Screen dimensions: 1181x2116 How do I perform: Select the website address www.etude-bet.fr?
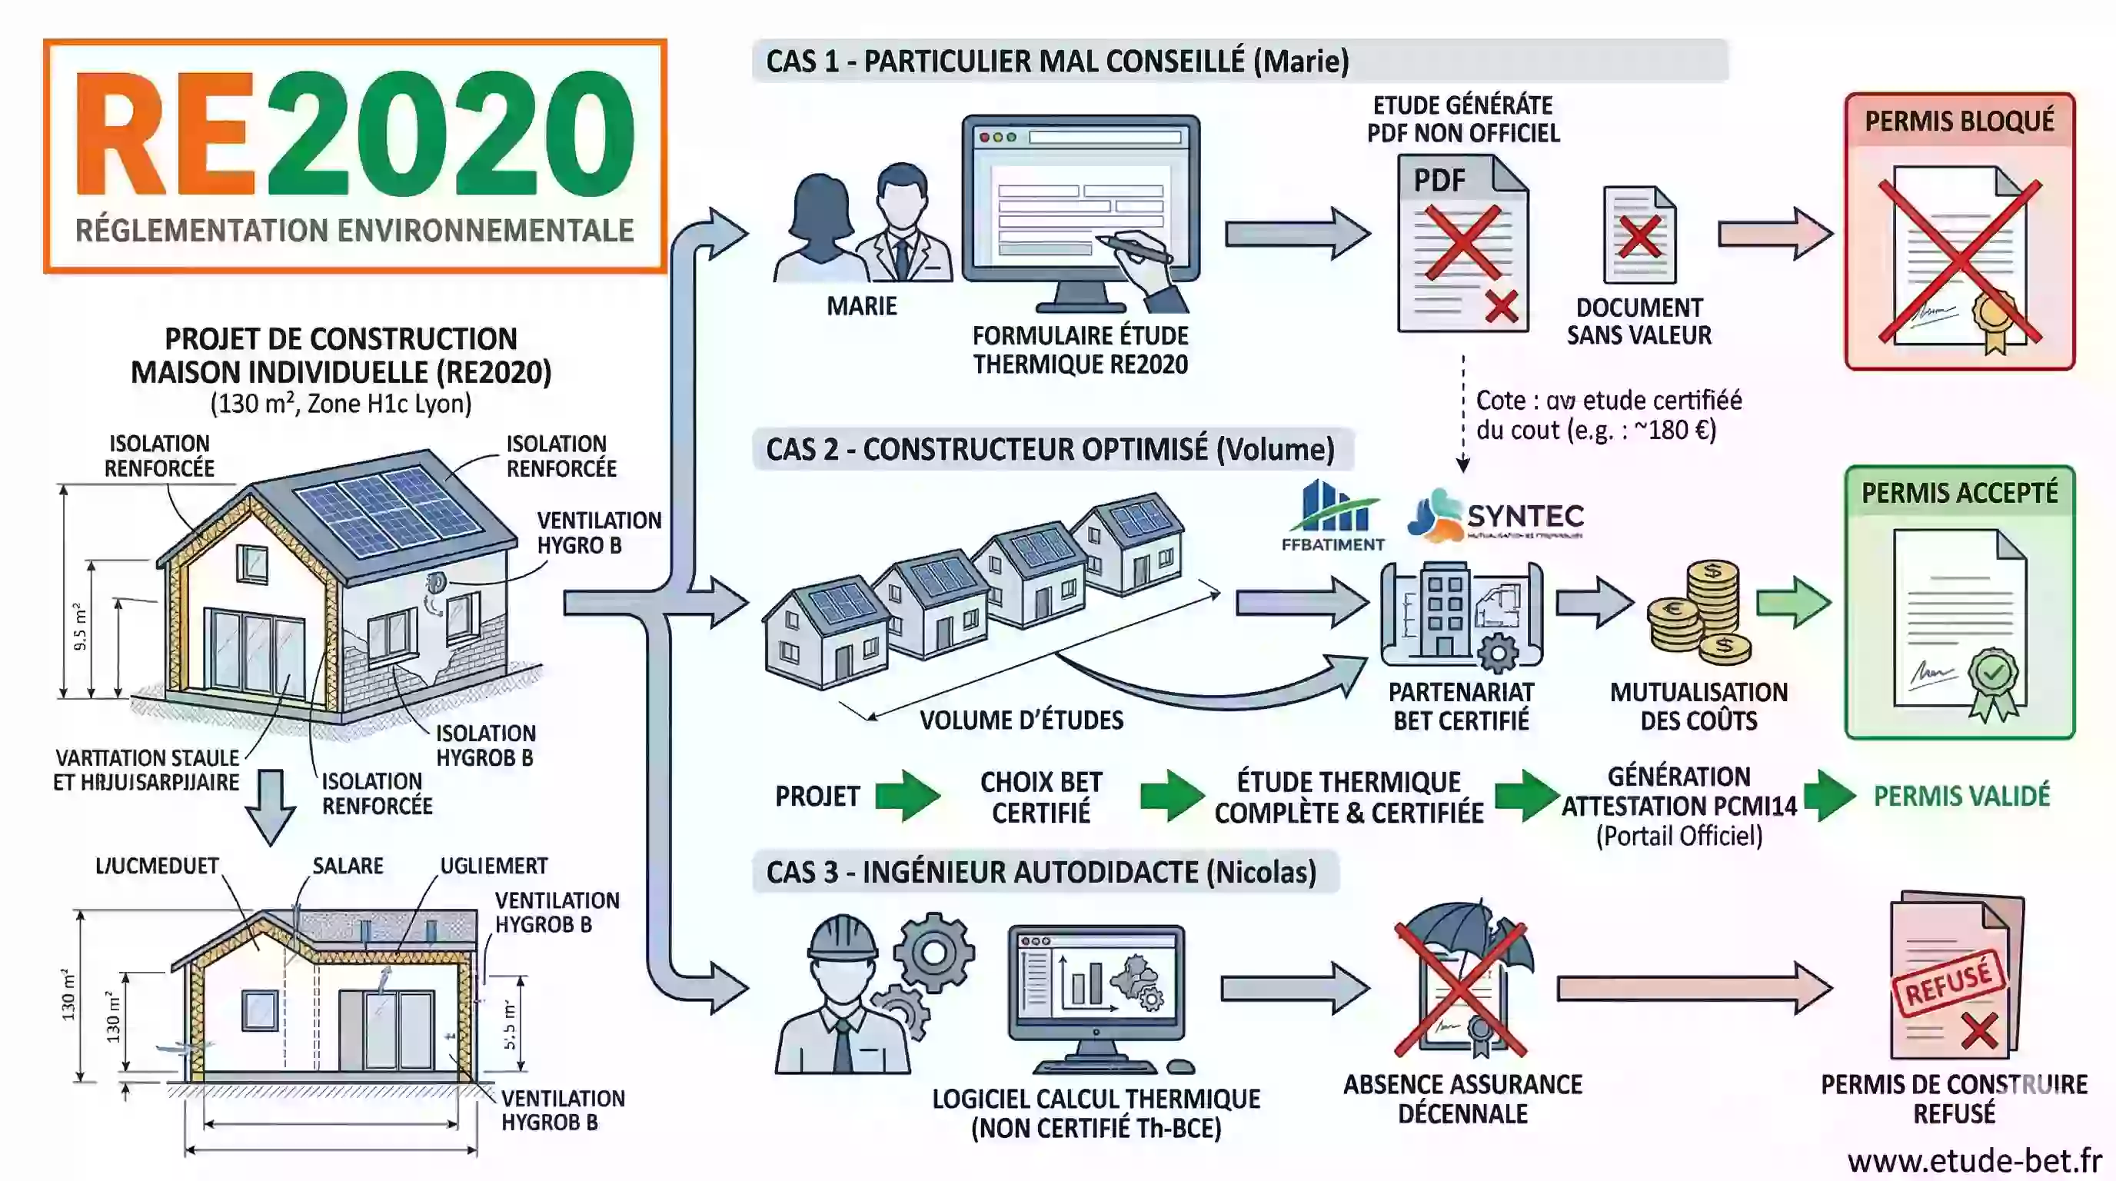click(x=1974, y=1160)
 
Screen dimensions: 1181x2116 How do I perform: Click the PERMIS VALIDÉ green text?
click(x=1961, y=795)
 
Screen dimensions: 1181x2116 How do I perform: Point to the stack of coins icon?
click(x=1698, y=612)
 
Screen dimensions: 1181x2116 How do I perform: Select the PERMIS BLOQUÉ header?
click(x=1959, y=121)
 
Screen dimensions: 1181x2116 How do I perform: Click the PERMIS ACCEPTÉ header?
click(x=1959, y=493)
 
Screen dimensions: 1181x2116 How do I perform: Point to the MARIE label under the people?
click(x=861, y=305)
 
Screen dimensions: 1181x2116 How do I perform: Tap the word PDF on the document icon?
click(x=1439, y=180)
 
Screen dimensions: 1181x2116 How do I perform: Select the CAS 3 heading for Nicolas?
click(x=1041, y=871)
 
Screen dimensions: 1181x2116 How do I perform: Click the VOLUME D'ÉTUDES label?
click(x=1021, y=720)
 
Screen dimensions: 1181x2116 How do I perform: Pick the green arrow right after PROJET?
click(x=907, y=795)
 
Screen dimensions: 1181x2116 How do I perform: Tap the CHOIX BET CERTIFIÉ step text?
click(x=1041, y=797)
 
